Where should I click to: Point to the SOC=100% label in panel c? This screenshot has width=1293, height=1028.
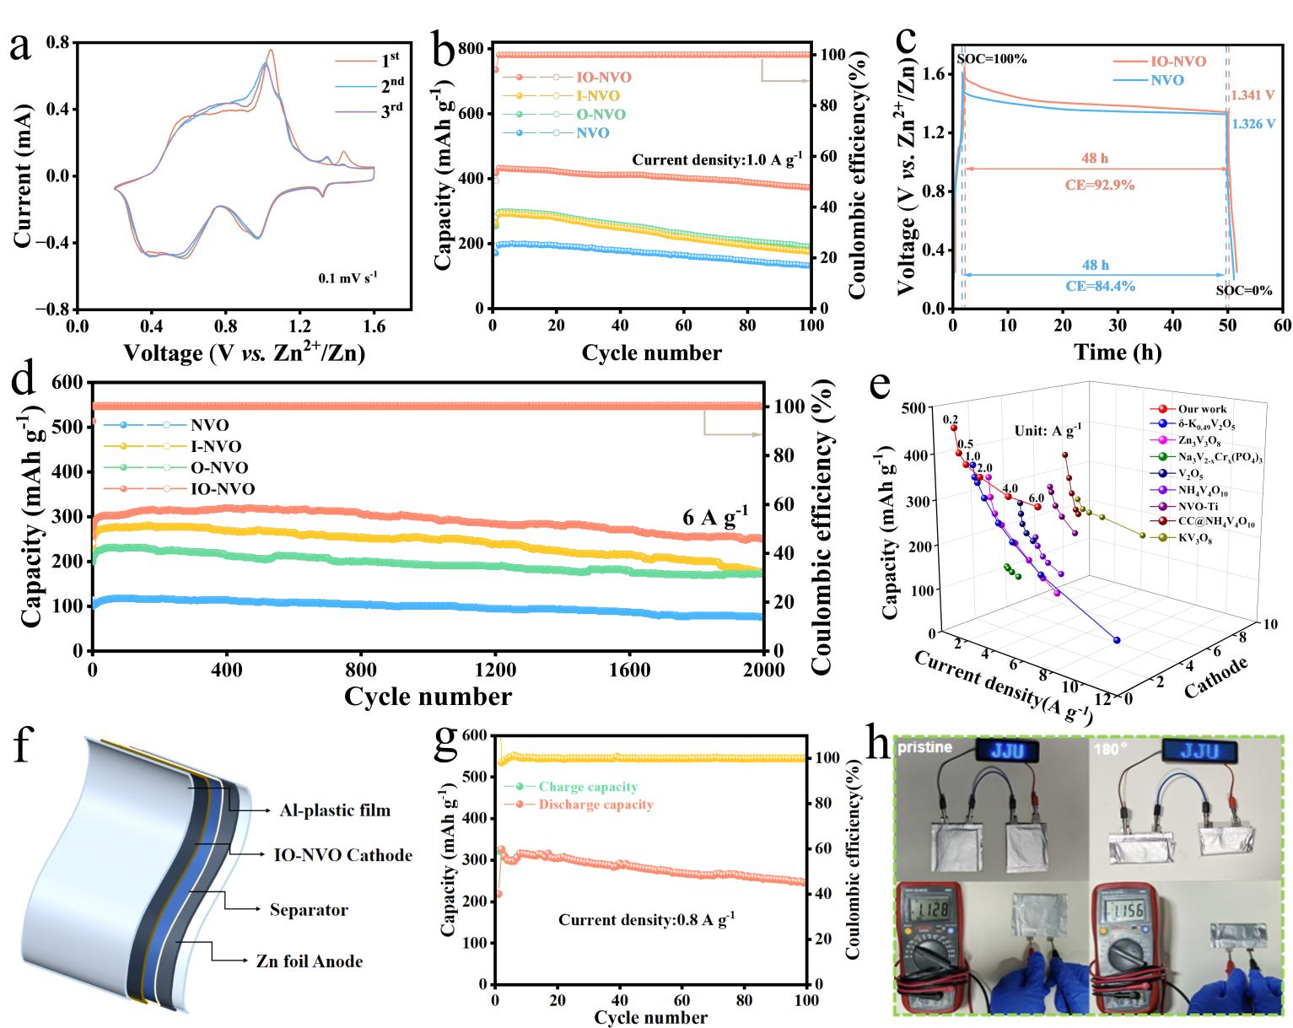tap(992, 59)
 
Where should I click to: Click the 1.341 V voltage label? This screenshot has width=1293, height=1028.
tap(1253, 96)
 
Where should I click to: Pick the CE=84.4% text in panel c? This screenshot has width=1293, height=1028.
tap(1100, 286)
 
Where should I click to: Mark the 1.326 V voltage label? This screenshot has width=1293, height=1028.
tap(1253, 124)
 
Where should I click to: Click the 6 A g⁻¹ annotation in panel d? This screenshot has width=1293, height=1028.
tap(714, 515)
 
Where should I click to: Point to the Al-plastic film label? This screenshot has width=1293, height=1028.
tap(335, 810)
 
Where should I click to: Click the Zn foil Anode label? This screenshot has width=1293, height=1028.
tap(310, 961)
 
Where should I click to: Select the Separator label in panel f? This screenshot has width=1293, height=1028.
tap(309, 910)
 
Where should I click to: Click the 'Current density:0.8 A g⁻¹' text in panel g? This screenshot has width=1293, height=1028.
tap(646, 919)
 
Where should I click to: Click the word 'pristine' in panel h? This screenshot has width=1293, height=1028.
tap(925, 747)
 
